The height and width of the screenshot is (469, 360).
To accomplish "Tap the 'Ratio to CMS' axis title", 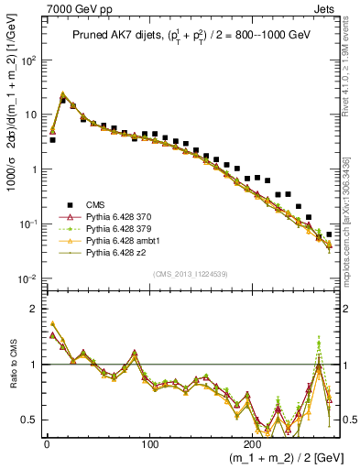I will [12, 377].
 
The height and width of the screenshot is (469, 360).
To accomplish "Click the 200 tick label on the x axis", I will [240, 441].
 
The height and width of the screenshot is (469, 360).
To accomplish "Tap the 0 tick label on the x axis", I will [46, 441].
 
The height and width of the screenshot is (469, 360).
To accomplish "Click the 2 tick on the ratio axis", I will [31, 309].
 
